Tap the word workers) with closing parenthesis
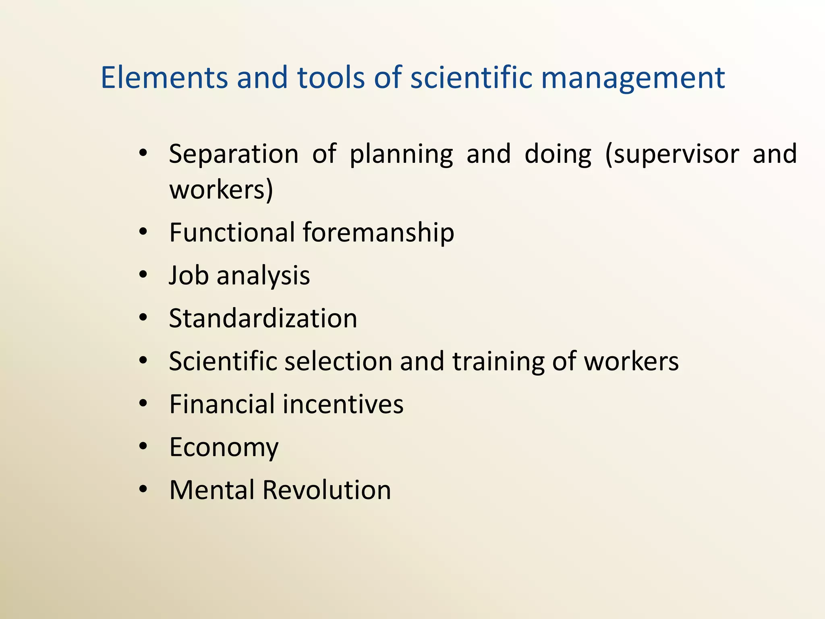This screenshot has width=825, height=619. (221, 189)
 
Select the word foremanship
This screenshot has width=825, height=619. (378, 233)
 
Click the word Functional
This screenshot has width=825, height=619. (232, 233)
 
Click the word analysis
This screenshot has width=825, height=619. (263, 276)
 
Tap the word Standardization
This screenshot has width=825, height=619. (263, 318)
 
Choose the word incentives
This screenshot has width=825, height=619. (343, 404)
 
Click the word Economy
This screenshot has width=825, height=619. (224, 448)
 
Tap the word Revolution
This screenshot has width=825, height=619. (327, 490)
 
